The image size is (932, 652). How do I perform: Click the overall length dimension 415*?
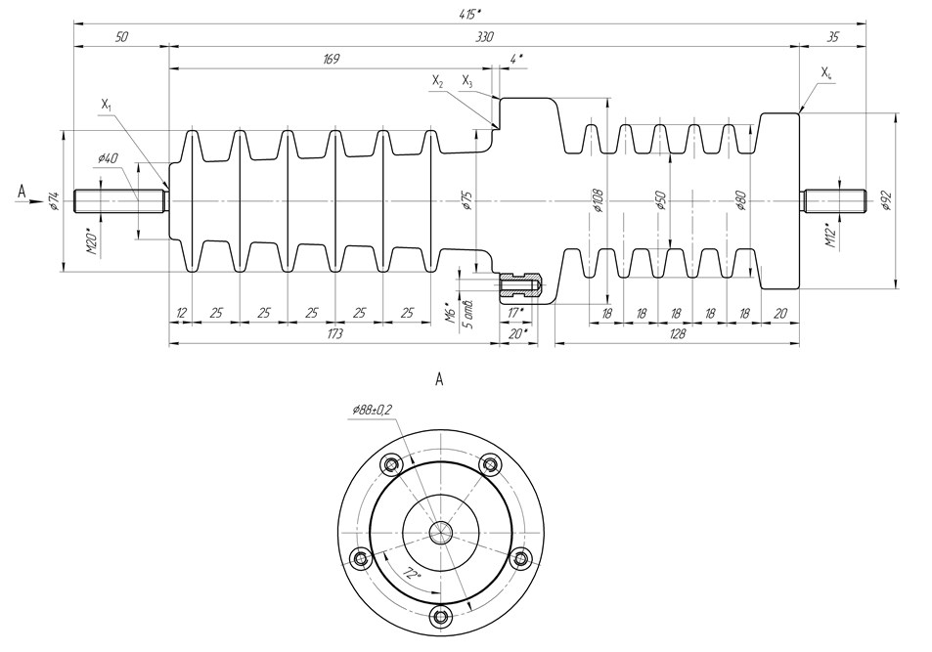coord(470,13)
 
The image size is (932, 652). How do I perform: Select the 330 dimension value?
coord(484,36)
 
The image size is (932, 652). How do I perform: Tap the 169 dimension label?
coord(331,60)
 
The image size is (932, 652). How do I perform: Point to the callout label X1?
coord(106,103)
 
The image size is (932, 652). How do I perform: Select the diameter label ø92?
coord(886,200)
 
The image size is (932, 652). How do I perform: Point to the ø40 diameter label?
coord(108,158)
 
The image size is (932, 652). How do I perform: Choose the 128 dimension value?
coord(676,334)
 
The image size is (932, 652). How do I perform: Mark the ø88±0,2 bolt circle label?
coord(373,411)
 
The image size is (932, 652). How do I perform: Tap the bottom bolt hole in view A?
coord(440,617)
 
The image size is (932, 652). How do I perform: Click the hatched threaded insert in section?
coord(517,285)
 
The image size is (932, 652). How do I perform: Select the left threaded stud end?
coord(118,199)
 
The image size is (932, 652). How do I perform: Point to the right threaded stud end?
coord(835,200)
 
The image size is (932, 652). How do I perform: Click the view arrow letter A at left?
coord(22,193)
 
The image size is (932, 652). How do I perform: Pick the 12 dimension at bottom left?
coord(181,313)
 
